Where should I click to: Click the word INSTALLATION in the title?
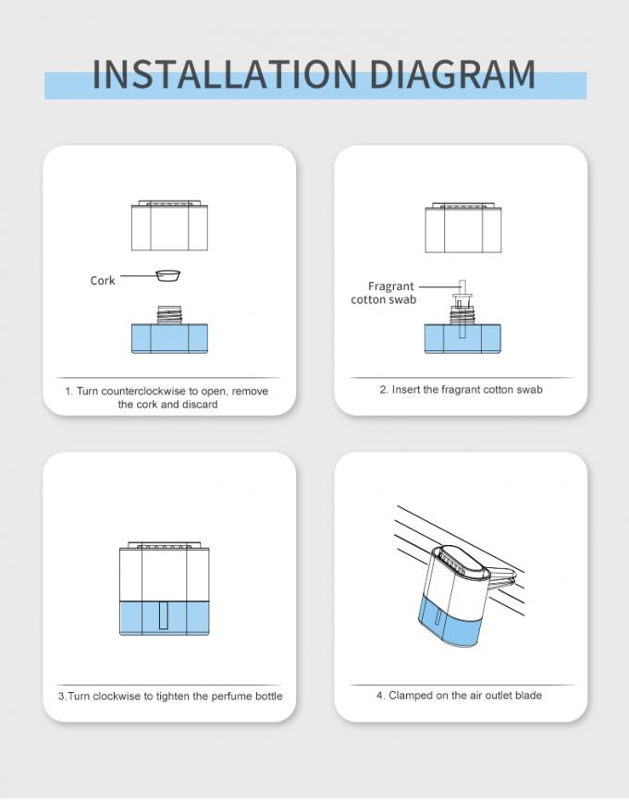[225, 75]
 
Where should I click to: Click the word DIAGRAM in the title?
[452, 75]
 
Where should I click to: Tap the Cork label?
[102, 281]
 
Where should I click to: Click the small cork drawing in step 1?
[168, 275]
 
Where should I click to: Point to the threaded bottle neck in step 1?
[169, 315]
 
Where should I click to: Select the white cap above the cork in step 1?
[169, 225]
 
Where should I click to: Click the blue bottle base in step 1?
[169, 339]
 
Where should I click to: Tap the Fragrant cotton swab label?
[383, 293]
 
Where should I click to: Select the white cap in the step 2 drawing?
[462, 227]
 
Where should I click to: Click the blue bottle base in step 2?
[462, 339]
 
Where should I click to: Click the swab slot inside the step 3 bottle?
[164, 615]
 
